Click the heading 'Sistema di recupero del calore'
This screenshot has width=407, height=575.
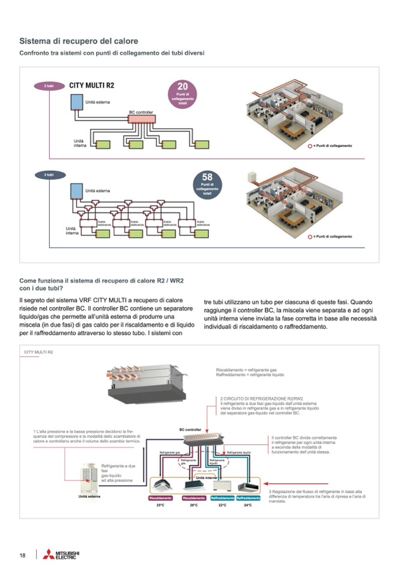tap(79, 41)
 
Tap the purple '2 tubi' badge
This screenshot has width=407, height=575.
tap(49, 86)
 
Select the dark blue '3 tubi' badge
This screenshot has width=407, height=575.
tap(49, 174)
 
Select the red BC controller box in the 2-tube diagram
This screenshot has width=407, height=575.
tap(142, 119)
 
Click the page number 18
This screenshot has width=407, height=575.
tap(23, 555)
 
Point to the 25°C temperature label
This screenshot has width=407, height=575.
tap(160, 505)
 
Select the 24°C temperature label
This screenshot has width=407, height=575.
tap(248, 505)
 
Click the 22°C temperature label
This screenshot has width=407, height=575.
tap(222, 505)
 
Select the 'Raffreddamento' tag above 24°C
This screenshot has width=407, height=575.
tap(248, 498)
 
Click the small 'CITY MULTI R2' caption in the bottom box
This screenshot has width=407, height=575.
tap(38, 352)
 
